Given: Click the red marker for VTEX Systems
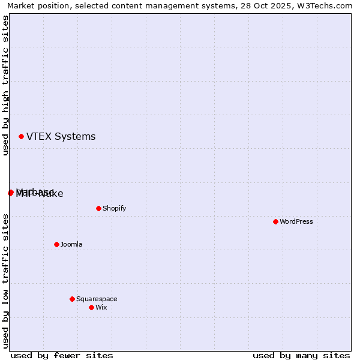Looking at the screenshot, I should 22,137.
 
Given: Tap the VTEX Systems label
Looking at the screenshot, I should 61,137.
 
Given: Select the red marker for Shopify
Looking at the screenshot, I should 98,209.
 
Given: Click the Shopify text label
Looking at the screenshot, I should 114,209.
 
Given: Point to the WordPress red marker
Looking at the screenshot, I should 275,222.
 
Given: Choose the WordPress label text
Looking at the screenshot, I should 296,222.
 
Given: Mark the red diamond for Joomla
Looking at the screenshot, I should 56,245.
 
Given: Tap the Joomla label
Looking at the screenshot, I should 71,245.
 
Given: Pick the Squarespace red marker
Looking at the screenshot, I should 72,299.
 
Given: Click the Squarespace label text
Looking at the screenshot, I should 97,299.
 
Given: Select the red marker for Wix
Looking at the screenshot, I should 91,308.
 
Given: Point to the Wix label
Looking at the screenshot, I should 101,308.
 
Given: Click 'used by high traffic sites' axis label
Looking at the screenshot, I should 5,85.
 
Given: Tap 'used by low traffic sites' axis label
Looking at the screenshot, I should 5,281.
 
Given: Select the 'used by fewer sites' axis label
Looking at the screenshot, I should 62,356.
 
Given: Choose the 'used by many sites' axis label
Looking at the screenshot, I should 301,356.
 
